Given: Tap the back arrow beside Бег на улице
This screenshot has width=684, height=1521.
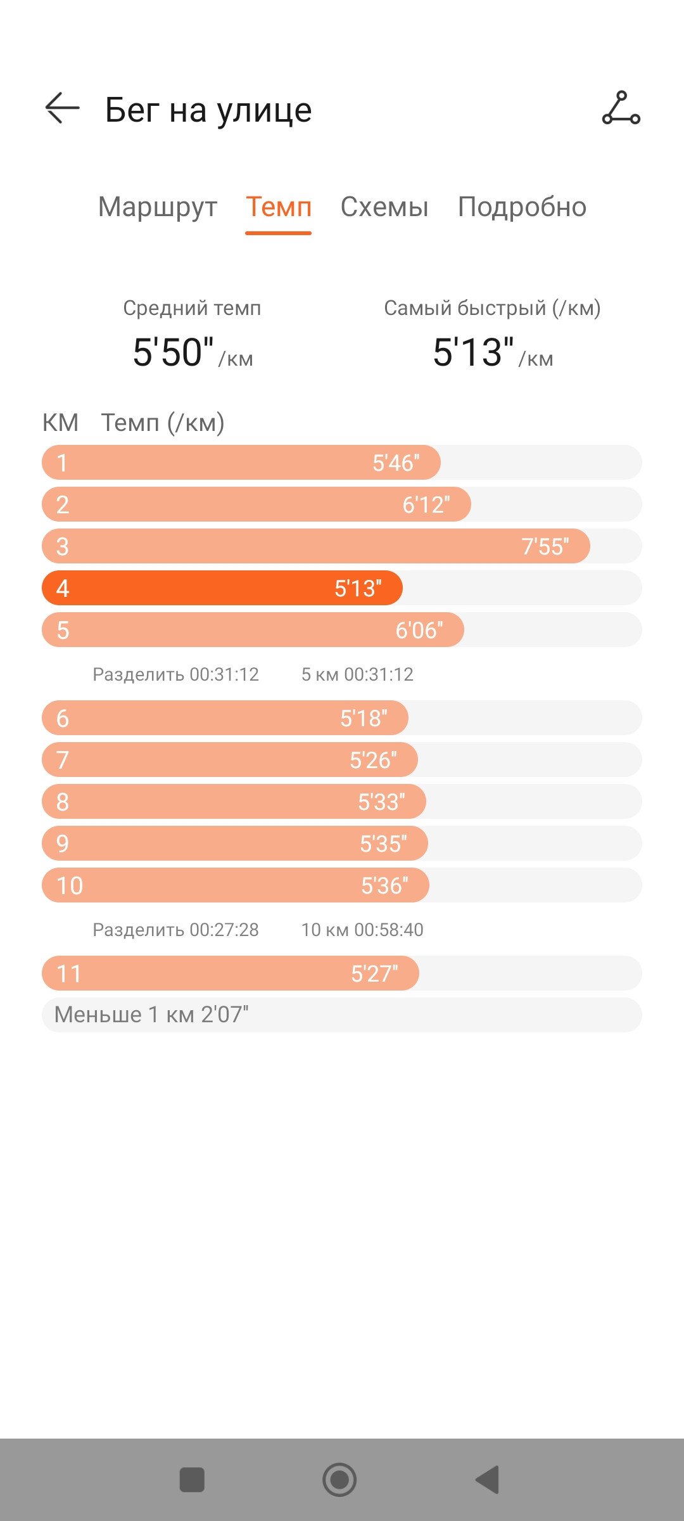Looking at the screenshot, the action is coord(62,108).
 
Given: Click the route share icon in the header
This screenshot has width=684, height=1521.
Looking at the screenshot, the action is coord(621,108).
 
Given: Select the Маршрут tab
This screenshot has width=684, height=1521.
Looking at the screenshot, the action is coord(158,207).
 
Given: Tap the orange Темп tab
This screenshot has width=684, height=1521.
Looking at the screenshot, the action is coord(279,207).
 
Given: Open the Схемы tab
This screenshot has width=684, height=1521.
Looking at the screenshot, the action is coord(384,207).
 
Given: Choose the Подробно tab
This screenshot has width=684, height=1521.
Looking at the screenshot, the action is coord(522,207).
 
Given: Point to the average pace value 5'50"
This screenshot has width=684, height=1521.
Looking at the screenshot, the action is coord(173,352).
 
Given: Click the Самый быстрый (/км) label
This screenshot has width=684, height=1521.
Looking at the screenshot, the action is coord(492,308).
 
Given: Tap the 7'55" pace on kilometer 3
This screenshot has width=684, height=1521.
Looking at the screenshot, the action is coord(545,546).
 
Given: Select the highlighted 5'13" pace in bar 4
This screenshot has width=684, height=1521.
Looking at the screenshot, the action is coord(358,588).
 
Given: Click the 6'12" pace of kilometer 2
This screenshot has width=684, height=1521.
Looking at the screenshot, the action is coord(426,504).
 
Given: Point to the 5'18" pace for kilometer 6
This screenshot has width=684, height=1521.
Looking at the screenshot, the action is coord(364,718).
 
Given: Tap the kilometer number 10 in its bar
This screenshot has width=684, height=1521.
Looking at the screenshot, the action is coord(70,885).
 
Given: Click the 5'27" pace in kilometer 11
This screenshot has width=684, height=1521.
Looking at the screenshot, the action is coord(374,973).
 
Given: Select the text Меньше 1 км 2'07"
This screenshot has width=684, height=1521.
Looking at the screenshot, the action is coord(151,1015).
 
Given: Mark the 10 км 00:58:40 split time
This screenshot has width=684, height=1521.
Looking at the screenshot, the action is coord(362,930).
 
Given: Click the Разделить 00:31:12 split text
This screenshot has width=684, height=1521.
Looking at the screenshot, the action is coord(175,674).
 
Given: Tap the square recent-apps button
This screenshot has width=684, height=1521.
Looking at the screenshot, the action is coord(192,1480).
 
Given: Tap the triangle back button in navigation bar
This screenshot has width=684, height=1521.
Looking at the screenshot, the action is coord(488,1480).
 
